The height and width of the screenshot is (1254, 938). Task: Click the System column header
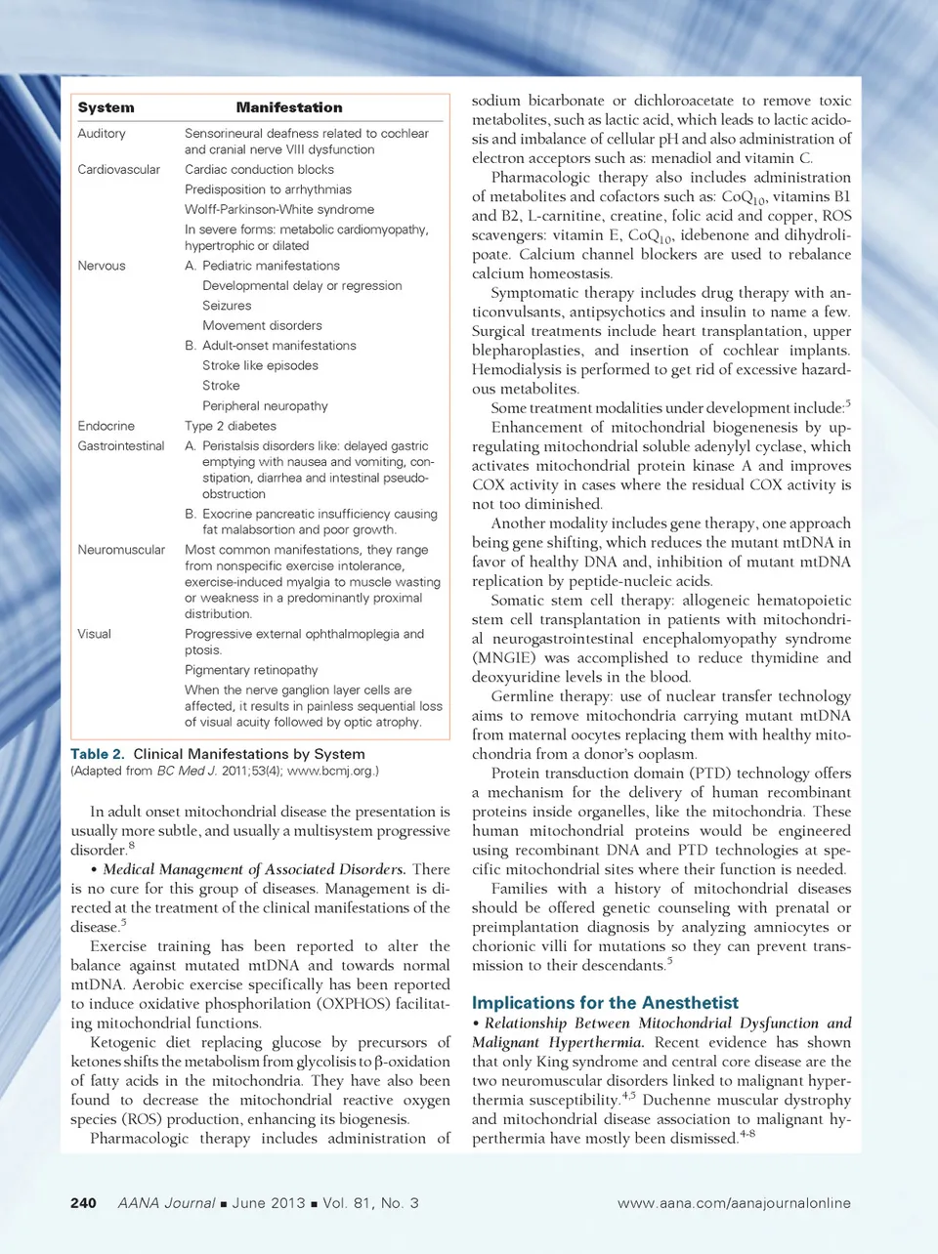pos(106,107)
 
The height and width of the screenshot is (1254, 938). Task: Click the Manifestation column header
pos(289,107)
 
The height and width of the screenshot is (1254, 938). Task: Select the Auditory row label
pos(102,133)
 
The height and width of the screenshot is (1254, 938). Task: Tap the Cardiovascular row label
pos(118,169)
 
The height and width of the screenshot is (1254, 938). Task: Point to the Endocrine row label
pos(107,426)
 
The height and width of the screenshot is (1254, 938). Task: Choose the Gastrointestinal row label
pos(121,445)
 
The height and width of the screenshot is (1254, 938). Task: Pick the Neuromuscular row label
pos(121,550)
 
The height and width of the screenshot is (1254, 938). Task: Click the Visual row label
pos(95,634)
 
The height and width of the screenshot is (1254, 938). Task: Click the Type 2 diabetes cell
pos(231,426)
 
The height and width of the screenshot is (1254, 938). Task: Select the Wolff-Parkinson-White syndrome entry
pos(279,209)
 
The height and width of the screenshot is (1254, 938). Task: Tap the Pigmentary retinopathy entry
pos(251,670)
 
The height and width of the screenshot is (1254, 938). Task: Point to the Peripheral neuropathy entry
pos(265,405)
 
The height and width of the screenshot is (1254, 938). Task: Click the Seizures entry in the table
pos(227,306)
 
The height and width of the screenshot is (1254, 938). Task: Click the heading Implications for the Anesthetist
pos(605,1003)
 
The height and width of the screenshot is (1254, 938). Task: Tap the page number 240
pos(83,1203)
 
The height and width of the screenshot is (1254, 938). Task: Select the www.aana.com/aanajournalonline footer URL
pos(734,1203)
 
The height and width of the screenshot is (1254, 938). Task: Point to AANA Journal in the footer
pos(166,1203)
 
